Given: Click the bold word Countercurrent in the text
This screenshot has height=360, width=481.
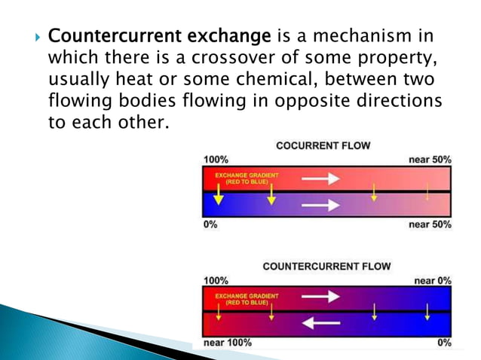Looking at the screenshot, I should pyautogui.click(x=107, y=36).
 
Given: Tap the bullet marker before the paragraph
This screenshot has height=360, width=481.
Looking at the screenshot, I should pyautogui.click(x=31, y=37).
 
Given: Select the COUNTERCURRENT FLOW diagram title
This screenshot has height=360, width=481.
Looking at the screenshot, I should pyautogui.click(x=326, y=267).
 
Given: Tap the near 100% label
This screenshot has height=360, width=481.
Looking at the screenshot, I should pyautogui.click(x=228, y=343).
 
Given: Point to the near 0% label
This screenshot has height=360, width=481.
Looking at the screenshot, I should pyautogui.click(x=433, y=280).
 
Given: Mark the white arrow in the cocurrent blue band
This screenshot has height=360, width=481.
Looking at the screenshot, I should pyautogui.click(x=320, y=204).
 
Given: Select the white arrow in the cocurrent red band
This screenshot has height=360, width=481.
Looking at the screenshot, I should pyautogui.click(x=320, y=178).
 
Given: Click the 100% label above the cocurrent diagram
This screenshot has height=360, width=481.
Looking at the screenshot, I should pyautogui.click(x=216, y=160).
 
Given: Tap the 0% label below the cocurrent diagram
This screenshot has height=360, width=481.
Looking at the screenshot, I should pyautogui.click(x=211, y=224).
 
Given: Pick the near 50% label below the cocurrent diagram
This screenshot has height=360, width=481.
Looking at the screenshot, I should pyautogui.click(x=430, y=224).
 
